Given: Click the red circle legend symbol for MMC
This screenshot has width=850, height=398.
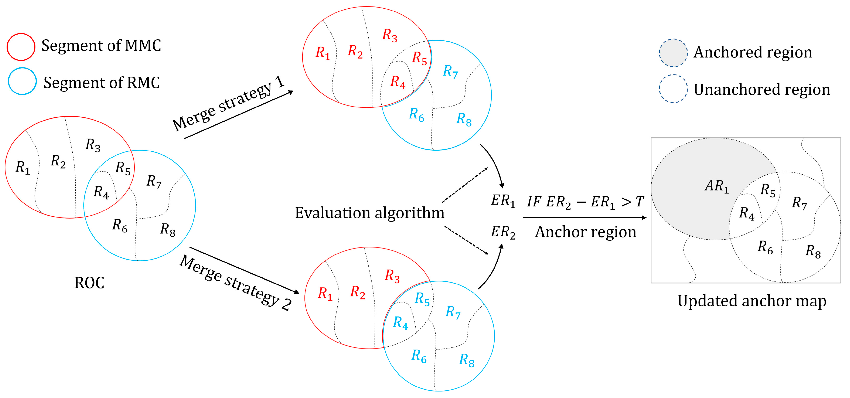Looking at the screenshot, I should [x=21, y=47].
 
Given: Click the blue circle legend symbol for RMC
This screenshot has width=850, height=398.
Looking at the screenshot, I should [x=22, y=81].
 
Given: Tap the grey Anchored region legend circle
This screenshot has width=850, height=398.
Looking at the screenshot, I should [x=673, y=53].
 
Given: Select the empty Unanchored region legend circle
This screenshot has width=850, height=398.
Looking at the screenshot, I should [x=673, y=89].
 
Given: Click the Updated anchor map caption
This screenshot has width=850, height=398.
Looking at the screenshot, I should [x=752, y=301].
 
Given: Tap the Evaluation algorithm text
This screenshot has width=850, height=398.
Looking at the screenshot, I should [x=369, y=213].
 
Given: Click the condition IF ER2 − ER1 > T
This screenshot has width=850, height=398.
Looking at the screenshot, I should [x=585, y=202].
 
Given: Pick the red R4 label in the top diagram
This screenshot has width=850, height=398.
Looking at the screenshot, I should [x=398, y=82].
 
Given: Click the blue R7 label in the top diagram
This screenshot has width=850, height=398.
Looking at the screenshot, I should [x=450, y=71].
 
